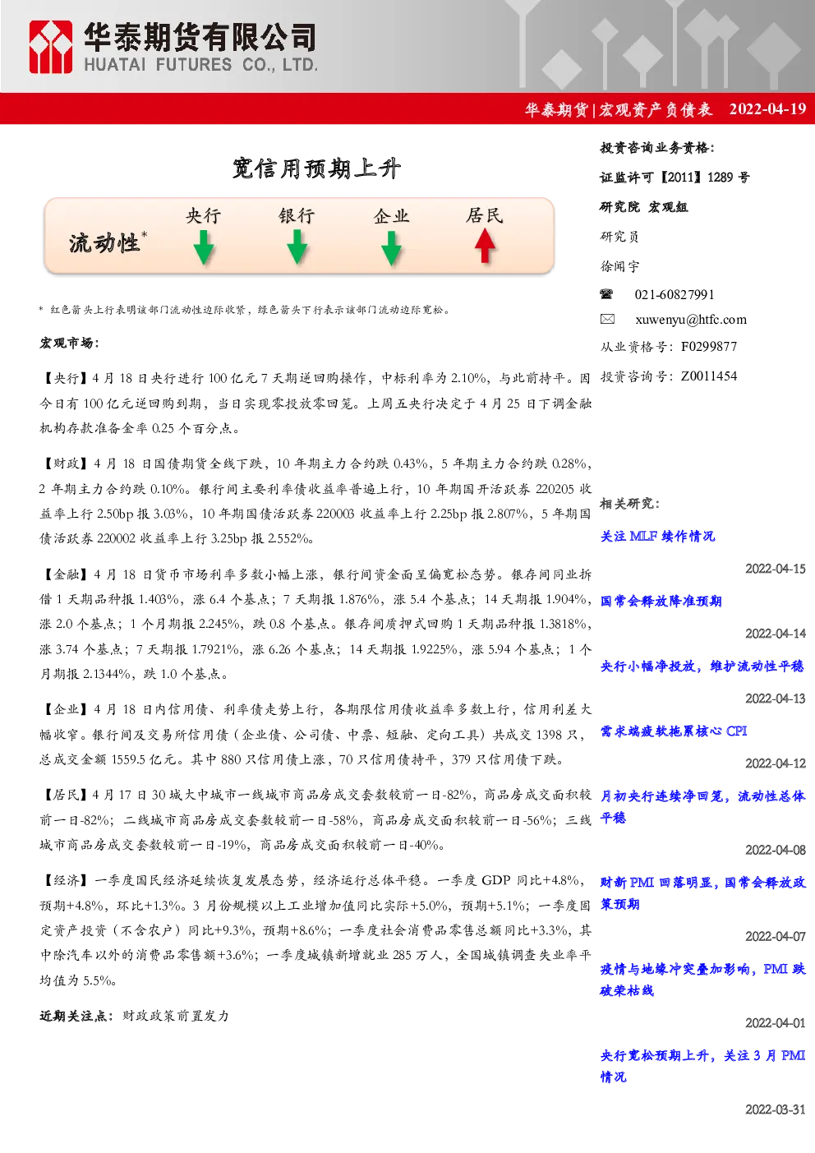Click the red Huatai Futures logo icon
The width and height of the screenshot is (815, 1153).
[x=50, y=47]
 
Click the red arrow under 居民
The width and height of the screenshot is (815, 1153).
[x=485, y=246]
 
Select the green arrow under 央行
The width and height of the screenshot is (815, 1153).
[x=204, y=247]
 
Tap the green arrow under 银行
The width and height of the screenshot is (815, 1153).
[x=297, y=247]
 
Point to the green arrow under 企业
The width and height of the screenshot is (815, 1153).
[x=391, y=248]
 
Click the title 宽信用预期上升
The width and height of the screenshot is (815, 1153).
[x=316, y=168]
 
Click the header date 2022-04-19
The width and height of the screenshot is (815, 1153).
[x=767, y=108]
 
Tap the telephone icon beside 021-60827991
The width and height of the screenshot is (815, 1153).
[x=606, y=294]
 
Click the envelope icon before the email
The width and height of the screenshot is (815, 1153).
[x=607, y=319]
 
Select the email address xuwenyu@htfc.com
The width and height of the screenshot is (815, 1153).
[x=691, y=320]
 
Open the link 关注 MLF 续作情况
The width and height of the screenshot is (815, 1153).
[x=657, y=537]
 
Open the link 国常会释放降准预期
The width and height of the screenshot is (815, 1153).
[x=661, y=601]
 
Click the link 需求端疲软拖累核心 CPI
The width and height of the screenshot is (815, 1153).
[x=674, y=731]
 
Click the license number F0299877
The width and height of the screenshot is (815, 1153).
[x=709, y=347]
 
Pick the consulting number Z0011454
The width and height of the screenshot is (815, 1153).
[x=709, y=376]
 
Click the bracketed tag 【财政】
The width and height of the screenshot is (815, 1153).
[x=66, y=464]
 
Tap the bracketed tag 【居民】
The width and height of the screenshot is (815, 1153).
[x=66, y=796]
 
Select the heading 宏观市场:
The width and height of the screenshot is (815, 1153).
[x=70, y=343]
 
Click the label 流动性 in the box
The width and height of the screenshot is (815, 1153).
[x=104, y=243]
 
